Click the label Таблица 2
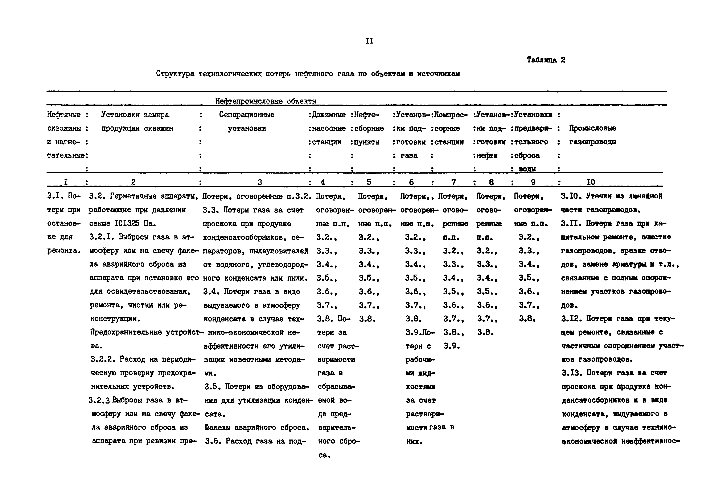point(546,60)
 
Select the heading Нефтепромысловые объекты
point(266,101)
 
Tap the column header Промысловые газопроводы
point(592,135)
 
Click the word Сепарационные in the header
point(246,115)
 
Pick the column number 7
point(453,182)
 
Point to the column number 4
point(323,182)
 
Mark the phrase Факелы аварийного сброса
point(257,428)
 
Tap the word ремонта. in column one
point(63,251)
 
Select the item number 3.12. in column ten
point(572,319)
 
